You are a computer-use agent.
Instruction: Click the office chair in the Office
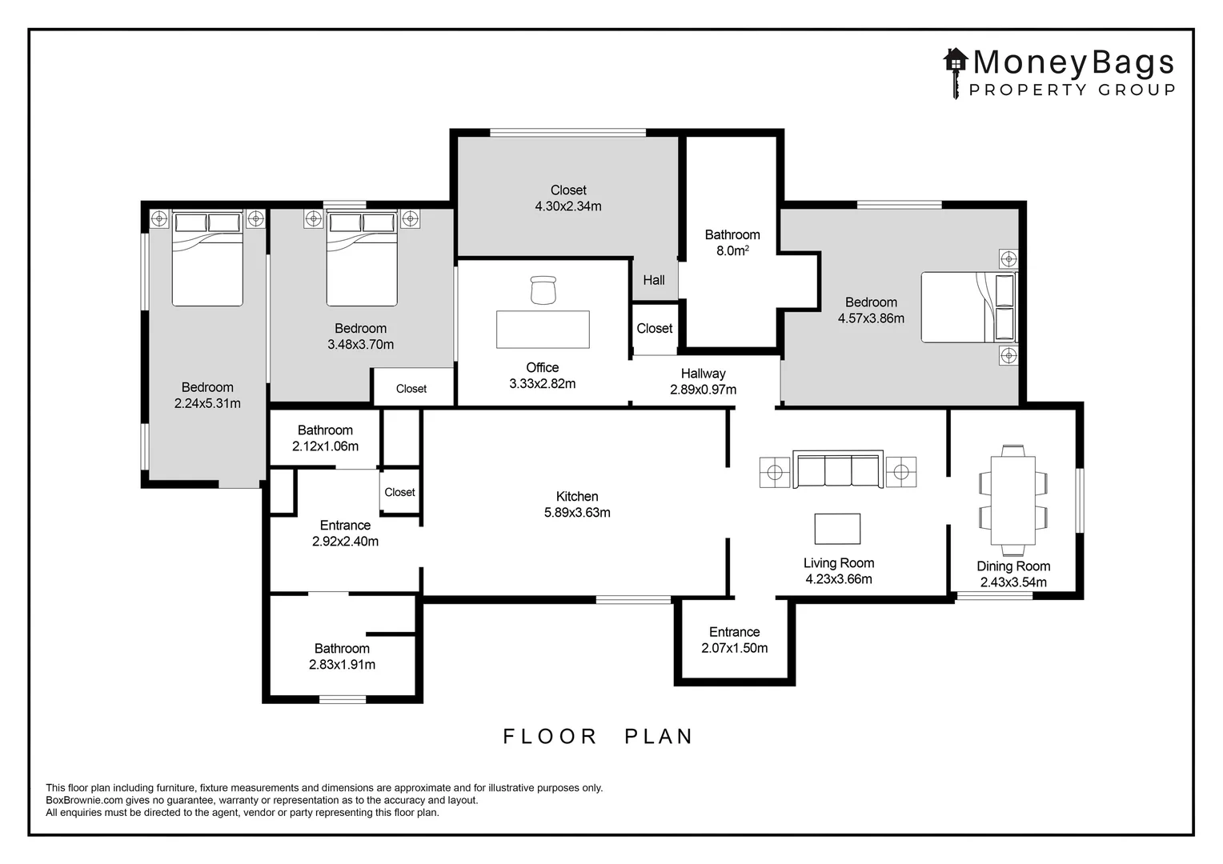tap(543, 290)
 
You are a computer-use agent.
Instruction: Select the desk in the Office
tap(543, 329)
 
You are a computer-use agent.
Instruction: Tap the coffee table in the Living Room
tap(837, 528)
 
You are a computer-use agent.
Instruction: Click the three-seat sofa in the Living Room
tap(838, 469)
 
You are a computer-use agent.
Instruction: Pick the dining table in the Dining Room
tap(1013, 501)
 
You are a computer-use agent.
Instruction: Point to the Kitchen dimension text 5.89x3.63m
tap(577, 513)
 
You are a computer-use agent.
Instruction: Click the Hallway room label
tap(704, 374)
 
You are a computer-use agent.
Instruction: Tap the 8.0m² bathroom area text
tap(732, 250)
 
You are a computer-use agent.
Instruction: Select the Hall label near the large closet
tap(654, 280)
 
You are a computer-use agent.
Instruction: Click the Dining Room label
tap(1013, 566)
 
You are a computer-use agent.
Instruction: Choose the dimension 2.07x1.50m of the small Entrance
tap(734, 648)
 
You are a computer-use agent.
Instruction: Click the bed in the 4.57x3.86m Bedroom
tap(968, 307)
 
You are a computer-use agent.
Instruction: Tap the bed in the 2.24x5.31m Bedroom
tap(207, 258)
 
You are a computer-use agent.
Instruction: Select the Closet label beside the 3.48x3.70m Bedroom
tap(411, 389)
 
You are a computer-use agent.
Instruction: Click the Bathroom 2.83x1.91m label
tap(343, 656)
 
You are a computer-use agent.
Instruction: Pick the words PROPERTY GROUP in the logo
tap(1073, 90)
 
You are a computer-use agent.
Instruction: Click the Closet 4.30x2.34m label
tap(568, 198)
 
